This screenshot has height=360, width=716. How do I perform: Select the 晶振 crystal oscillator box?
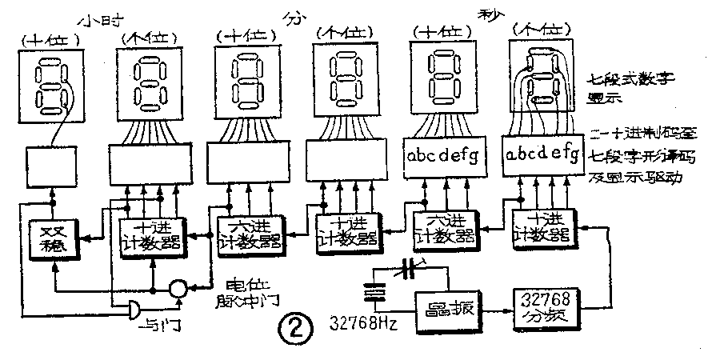click(x=443, y=309)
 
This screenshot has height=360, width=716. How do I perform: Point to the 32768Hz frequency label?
click(x=365, y=324)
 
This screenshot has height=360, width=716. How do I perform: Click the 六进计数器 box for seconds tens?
click(x=444, y=231)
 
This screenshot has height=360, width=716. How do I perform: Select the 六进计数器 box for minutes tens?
click(x=249, y=234)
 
